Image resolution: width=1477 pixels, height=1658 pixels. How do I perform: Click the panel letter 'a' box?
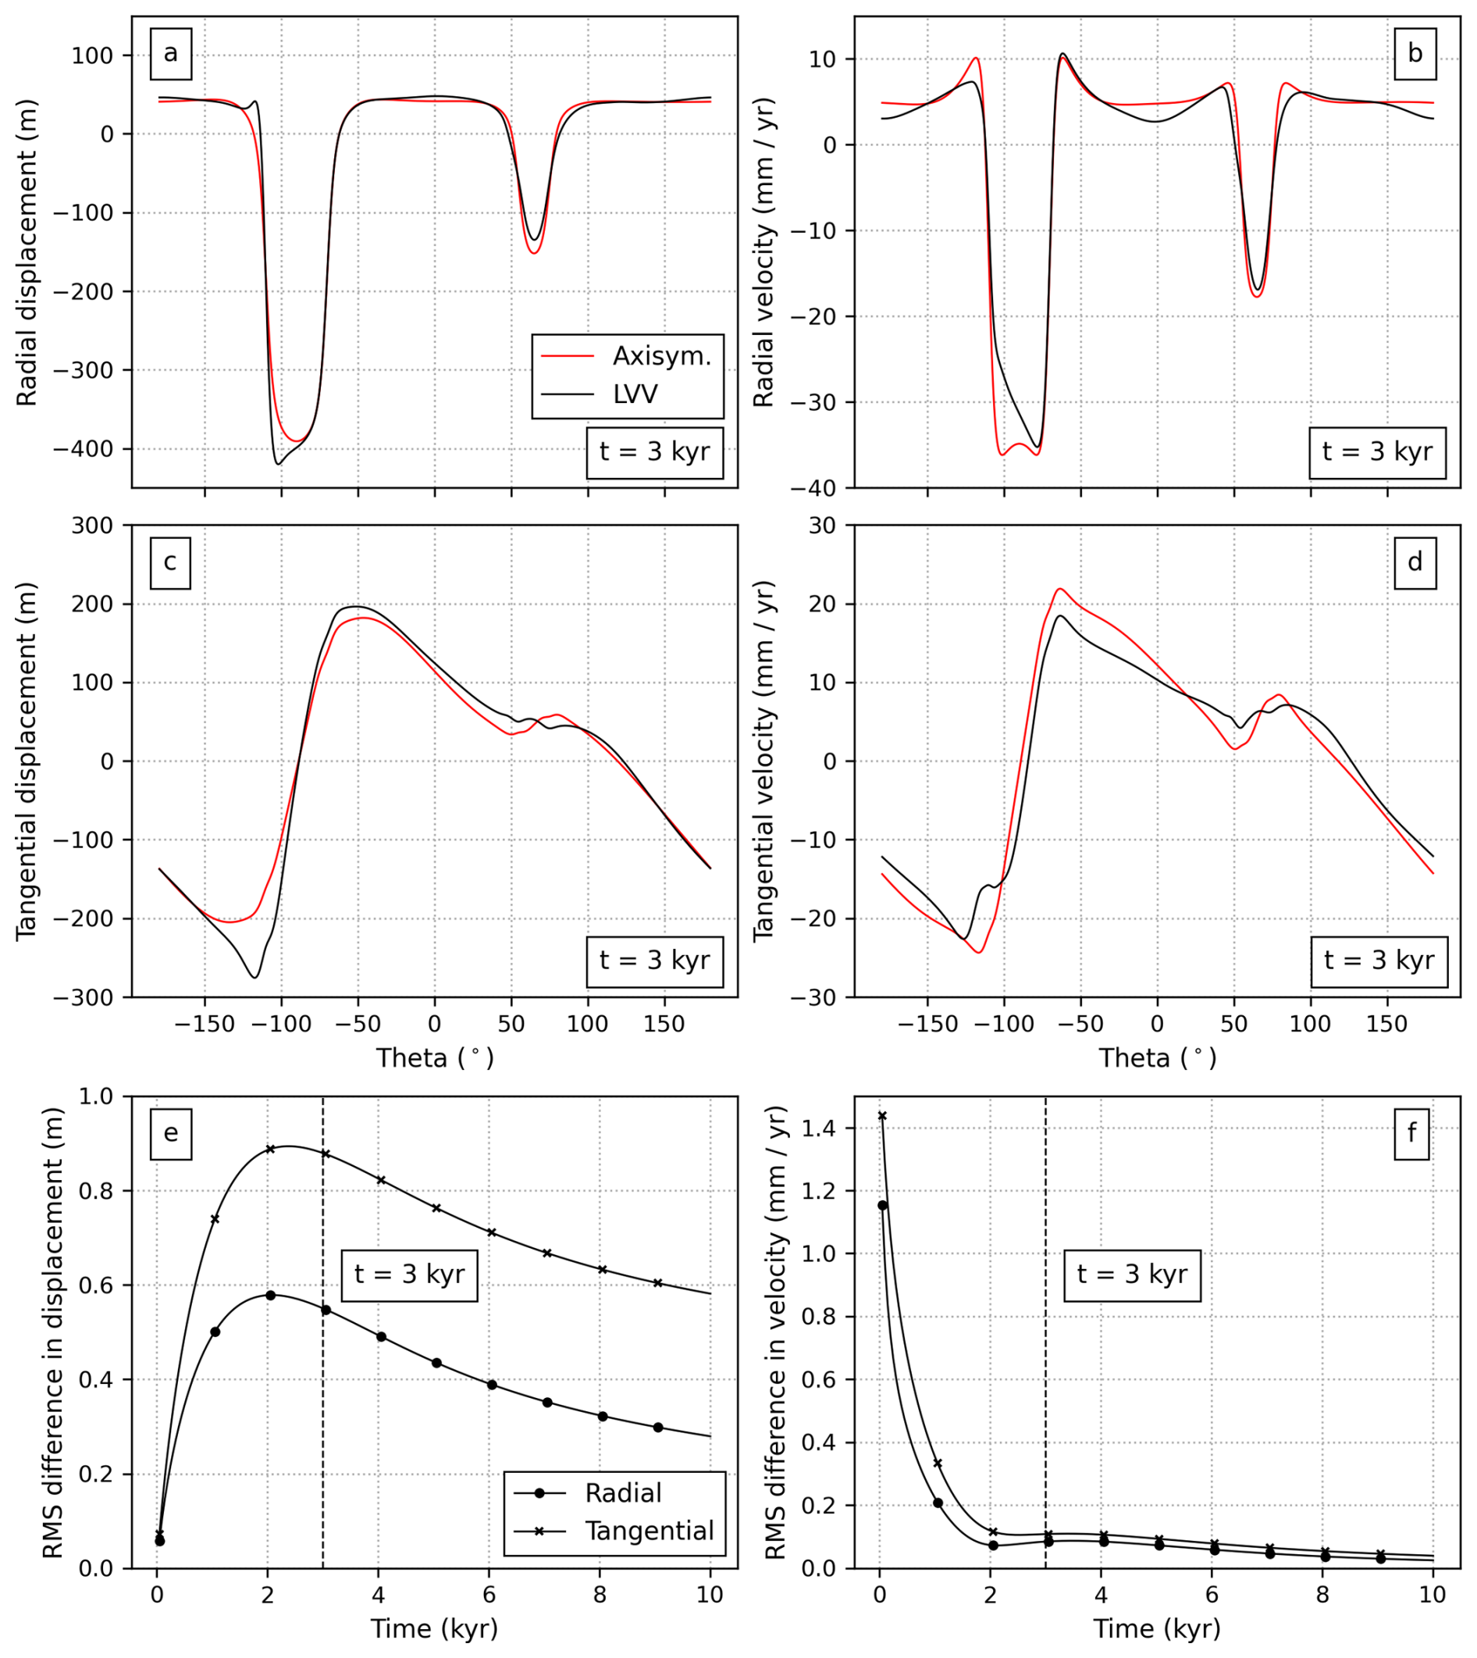coord(170,54)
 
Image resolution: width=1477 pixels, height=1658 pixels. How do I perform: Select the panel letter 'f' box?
coord(1411,1132)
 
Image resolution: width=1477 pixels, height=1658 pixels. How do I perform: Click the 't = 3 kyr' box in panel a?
coord(654,451)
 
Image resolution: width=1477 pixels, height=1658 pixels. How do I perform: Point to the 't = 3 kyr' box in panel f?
coord(1131,1274)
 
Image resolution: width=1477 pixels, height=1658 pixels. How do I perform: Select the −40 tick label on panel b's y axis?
coord(819,488)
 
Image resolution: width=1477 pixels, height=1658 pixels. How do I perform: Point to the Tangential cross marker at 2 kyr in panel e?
coord(270,1149)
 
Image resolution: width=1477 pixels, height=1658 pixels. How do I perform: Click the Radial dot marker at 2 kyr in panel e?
coord(270,1295)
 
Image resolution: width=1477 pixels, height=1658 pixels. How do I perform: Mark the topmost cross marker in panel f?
coord(882,1116)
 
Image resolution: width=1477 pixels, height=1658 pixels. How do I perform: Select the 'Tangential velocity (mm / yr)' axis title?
coord(763,761)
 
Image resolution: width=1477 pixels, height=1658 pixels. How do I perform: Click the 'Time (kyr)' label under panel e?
coord(434,1629)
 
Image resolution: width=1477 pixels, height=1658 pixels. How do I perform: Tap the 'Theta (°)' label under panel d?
coord(1157,1058)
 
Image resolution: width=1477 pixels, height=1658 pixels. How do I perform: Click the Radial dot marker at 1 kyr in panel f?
coord(938,1503)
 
